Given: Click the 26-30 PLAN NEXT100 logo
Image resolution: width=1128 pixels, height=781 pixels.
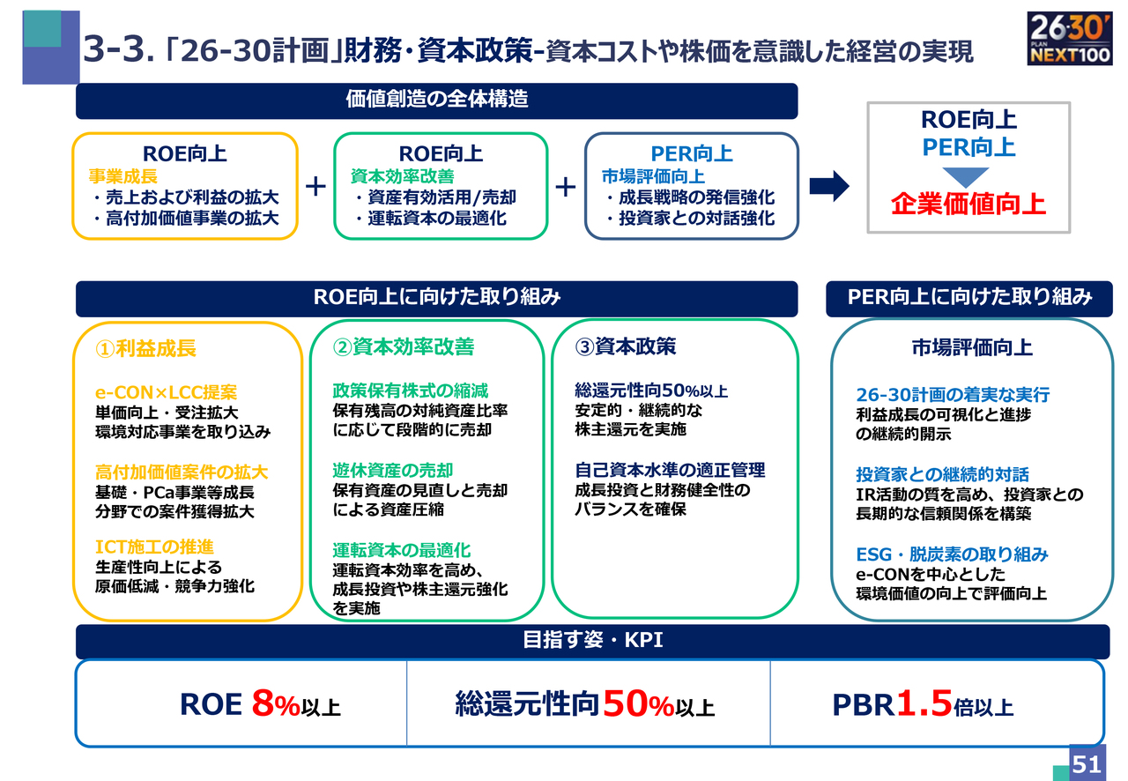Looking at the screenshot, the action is (1069, 39).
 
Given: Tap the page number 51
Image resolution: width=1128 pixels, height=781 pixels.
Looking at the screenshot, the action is (1087, 764).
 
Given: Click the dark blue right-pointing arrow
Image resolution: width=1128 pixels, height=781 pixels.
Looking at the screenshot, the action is (829, 186).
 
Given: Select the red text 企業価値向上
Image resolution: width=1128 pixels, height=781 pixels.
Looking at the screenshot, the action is (968, 205).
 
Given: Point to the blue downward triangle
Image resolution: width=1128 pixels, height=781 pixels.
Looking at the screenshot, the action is (965, 177).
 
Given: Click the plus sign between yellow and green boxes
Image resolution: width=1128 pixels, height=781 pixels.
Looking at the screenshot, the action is (315, 186).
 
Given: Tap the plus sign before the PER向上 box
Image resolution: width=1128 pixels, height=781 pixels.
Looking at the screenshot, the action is (566, 187).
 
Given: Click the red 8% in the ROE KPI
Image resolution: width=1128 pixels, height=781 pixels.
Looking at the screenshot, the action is (276, 703).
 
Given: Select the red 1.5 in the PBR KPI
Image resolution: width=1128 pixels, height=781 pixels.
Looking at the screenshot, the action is (924, 703).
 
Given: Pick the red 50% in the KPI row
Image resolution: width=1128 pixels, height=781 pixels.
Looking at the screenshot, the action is (638, 703).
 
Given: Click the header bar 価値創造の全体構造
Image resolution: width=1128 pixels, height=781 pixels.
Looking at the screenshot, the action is (436, 101).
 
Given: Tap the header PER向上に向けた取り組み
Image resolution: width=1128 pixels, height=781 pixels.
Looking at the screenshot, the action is (968, 299).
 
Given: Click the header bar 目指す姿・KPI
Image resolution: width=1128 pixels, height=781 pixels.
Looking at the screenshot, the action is (593, 642).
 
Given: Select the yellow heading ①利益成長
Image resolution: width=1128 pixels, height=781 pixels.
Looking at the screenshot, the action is (145, 348).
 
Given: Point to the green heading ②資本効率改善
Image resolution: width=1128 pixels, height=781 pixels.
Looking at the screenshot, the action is (404, 346).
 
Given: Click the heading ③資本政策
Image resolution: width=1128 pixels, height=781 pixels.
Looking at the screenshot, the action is (626, 346).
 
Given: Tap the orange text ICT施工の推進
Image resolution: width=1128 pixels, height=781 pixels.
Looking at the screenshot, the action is (154, 547).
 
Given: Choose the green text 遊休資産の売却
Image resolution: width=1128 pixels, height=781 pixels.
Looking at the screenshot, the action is (393, 470).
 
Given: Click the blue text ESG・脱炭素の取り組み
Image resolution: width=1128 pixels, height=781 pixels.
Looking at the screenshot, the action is (952, 554).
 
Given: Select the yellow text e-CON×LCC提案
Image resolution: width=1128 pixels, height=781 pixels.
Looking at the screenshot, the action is (166, 392).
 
